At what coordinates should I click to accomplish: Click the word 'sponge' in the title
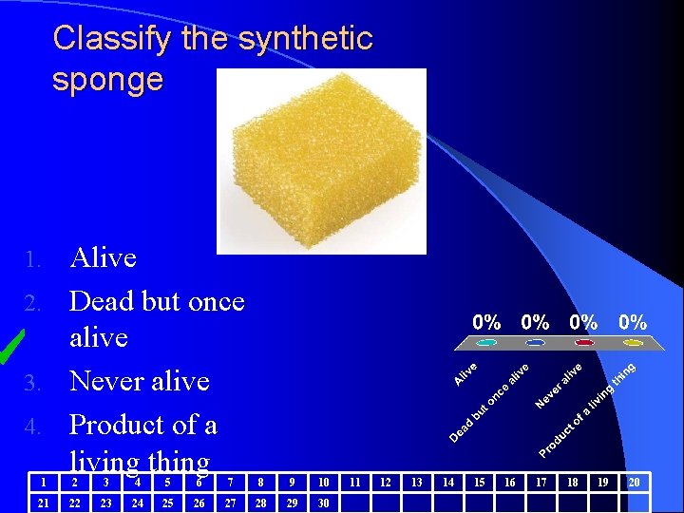click(107, 80)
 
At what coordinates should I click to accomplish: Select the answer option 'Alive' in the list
click(104, 257)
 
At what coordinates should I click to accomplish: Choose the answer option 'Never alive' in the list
click(140, 381)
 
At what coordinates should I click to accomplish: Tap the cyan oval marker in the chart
click(487, 343)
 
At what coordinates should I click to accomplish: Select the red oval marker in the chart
click(584, 343)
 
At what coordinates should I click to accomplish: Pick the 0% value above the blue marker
click(536, 323)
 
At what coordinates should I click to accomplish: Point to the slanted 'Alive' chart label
click(465, 371)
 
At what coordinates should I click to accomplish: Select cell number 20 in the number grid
click(634, 483)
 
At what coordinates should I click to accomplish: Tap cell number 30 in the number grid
click(323, 503)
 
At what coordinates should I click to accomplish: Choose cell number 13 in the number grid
click(416, 483)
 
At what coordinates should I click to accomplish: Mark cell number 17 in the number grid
click(541, 483)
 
